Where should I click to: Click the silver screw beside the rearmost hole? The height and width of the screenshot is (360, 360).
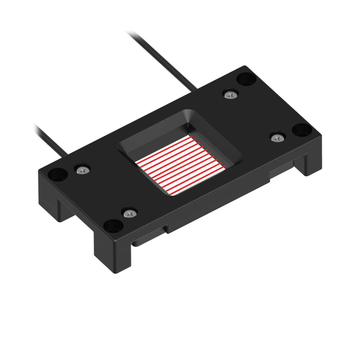(x=231, y=95)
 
